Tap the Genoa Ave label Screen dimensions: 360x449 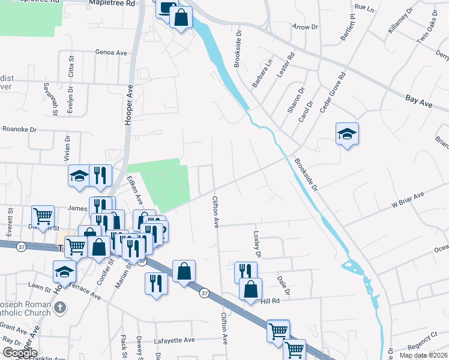(111, 53)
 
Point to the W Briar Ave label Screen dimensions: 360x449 (408, 200)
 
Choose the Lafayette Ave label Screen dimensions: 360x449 (175, 340)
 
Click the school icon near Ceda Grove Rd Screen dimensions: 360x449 (347, 133)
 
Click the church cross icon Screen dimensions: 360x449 (59, 308)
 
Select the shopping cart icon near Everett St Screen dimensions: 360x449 (43, 216)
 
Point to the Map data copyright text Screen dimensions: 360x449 (423, 355)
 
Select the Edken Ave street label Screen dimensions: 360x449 (135, 190)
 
